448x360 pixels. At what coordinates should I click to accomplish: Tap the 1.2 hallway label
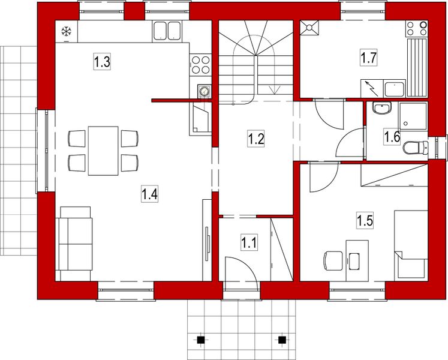click(x=256, y=139)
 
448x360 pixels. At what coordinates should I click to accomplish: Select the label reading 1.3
click(x=103, y=61)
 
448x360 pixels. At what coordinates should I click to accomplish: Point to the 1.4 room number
click(x=149, y=193)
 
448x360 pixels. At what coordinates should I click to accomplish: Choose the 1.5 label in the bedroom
click(x=365, y=220)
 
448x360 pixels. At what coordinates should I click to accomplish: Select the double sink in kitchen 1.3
click(x=167, y=31)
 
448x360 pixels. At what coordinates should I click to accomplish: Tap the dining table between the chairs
click(x=103, y=150)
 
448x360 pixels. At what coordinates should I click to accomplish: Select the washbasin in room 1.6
click(x=380, y=109)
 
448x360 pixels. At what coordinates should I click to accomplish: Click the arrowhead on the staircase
click(x=275, y=91)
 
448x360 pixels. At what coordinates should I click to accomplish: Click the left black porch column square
click(x=202, y=340)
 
